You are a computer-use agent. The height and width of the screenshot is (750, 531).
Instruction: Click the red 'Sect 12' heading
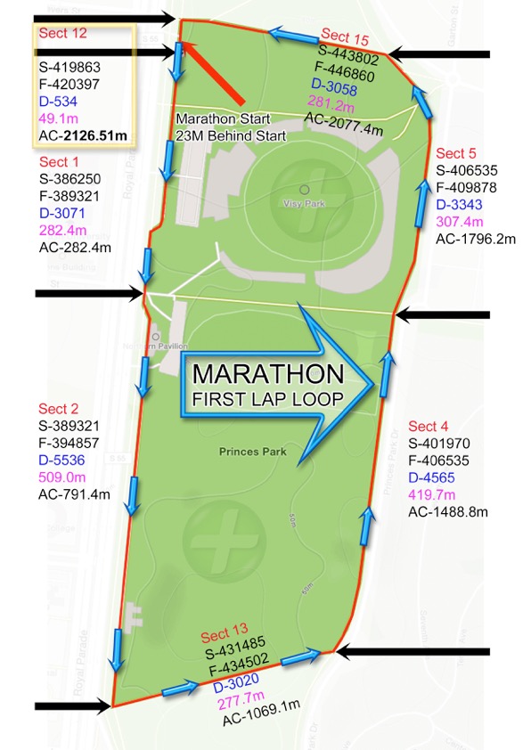[62, 33]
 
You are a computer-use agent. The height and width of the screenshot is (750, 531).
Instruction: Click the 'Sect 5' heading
[456, 153]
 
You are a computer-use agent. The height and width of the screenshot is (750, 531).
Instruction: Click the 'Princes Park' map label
[253, 452]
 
